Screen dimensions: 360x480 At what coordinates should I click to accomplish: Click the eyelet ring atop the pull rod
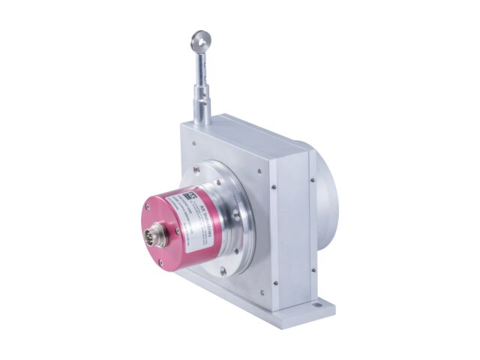(200, 39)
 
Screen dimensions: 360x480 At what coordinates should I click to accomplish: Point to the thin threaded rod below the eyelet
(201, 67)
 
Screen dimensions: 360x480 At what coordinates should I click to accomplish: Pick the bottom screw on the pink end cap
(159, 262)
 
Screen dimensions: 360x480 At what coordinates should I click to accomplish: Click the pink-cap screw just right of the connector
(178, 229)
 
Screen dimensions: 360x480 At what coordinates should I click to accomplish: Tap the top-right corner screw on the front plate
(257, 170)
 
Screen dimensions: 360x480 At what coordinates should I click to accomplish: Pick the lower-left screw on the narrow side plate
(275, 283)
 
